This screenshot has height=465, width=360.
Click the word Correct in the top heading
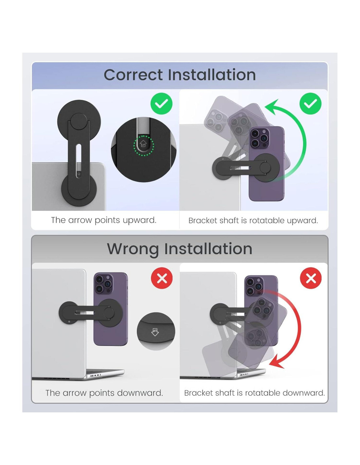(x=133, y=75)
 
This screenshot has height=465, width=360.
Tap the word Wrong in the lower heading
(x=133, y=249)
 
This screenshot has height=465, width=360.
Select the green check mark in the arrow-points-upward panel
(x=161, y=104)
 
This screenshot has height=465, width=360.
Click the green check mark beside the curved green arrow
(x=310, y=104)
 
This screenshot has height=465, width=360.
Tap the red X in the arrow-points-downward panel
(x=162, y=278)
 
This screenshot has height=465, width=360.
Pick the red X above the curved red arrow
(x=311, y=278)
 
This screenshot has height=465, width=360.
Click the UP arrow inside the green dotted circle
(x=143, y=143)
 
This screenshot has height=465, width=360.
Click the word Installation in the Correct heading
(x=212, y=75)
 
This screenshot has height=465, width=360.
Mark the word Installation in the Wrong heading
(x=208, y=249)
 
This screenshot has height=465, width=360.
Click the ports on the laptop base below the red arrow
(x=244, y=375)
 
